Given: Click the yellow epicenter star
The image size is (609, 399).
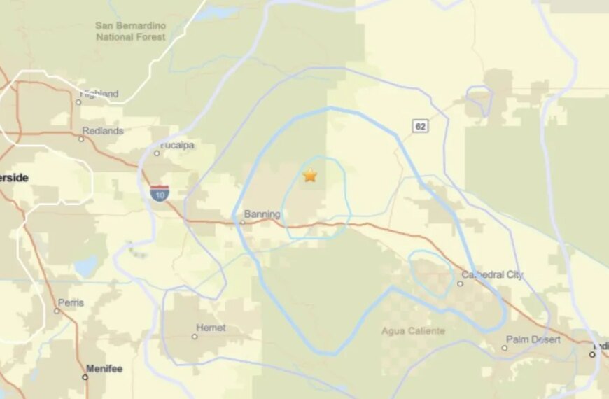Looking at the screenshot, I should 309,175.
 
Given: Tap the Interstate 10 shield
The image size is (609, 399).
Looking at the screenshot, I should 159,193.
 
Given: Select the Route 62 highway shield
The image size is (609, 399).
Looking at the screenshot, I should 420,126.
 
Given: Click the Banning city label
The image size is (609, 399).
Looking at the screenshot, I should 262,214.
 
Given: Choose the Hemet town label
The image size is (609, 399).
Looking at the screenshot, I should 211,328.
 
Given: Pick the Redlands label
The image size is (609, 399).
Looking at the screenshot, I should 102,131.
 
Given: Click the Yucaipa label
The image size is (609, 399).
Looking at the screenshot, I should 178,146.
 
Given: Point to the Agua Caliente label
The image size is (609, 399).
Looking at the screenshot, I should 413,330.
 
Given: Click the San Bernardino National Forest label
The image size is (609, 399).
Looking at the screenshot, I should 131,31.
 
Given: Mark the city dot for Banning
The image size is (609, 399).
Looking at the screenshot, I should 242,223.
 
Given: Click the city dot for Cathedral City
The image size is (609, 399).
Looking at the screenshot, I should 460,283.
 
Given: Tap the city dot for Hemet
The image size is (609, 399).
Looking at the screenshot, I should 195,336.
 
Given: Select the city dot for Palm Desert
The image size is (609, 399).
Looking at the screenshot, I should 505,348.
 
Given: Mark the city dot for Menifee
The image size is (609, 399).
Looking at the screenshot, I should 85,377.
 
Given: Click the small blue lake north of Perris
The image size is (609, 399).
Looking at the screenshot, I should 87,266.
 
